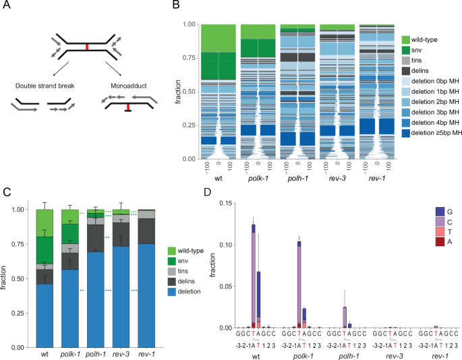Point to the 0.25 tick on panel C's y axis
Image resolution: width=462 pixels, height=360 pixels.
(22, 313)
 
